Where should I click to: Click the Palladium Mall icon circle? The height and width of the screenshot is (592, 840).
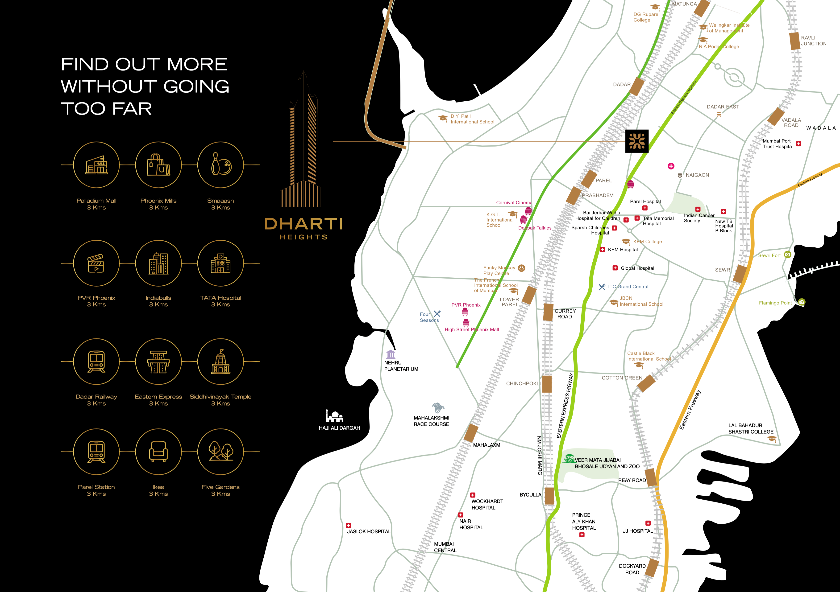click(x=96, y=165)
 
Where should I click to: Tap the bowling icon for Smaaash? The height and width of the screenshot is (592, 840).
click(x=220, y=165)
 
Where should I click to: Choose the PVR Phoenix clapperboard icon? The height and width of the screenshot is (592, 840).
click(x=96, y=263)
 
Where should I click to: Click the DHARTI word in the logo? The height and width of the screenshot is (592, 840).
click(x=303, y=224)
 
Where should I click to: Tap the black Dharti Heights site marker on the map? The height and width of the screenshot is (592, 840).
click(x=636, y=141)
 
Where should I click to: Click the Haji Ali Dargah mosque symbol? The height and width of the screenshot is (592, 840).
click(x=334, y=416)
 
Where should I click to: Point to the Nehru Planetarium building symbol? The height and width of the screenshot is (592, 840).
click(x=391, y=354)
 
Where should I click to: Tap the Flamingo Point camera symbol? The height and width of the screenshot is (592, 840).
click(x=802, y=302)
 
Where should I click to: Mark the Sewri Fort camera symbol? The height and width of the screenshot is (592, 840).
click(x=788, y=255)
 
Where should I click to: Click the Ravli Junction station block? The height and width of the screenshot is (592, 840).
click(x=795, y=41)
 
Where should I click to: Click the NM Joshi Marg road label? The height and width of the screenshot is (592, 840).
click(x=539, y=455)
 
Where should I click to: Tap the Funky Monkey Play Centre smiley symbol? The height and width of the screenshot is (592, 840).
click(x=522, y=268)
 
